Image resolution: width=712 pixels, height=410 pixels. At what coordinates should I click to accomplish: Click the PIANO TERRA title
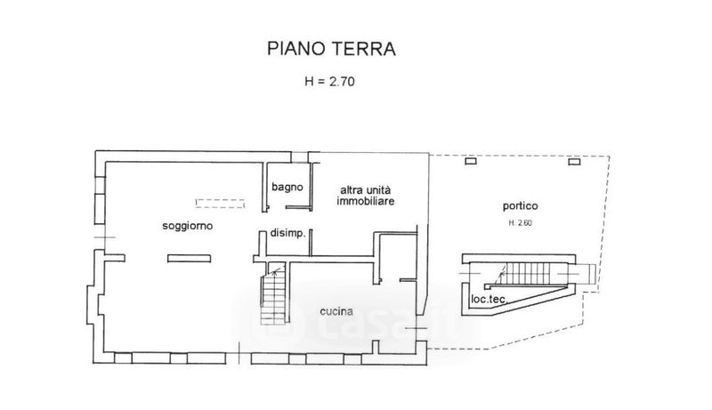(331, 49)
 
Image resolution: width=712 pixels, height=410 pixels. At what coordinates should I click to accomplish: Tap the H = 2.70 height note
(329, 82)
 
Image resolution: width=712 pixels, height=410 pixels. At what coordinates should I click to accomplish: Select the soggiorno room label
(188, 225)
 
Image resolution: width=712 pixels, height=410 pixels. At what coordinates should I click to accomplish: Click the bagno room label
(287, 187)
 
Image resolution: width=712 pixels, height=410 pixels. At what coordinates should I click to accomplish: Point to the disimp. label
(287, 233)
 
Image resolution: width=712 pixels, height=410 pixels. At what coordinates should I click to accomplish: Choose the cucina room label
(336, 311)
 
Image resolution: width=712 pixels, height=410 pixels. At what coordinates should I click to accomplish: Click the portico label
(521, 206)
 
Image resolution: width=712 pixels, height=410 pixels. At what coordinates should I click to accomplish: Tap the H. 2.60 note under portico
(521, 222)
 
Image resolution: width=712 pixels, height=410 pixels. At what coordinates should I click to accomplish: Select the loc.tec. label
(489, 299)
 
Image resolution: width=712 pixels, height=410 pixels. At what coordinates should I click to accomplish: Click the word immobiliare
(366, 201)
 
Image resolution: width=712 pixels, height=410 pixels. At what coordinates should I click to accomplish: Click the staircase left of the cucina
(273, 293)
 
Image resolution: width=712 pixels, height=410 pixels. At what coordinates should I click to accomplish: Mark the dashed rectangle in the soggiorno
(220, 203)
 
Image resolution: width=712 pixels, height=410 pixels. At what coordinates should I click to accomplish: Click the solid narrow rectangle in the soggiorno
(189, 259)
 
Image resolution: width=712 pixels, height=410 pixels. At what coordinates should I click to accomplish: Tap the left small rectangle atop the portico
(471, 161)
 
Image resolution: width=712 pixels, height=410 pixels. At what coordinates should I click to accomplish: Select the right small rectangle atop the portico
(574, 161)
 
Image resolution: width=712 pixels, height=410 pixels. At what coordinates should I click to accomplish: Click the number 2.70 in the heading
(342, 82)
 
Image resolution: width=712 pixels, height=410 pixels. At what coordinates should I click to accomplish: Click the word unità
(379, 189)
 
